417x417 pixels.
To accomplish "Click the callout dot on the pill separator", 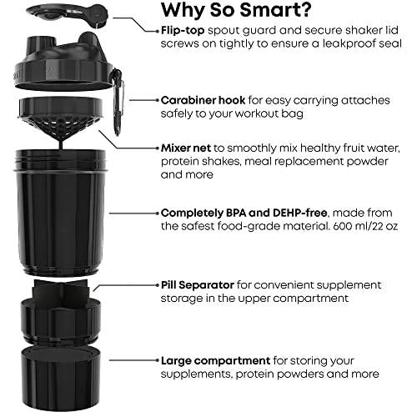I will (95, 286).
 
